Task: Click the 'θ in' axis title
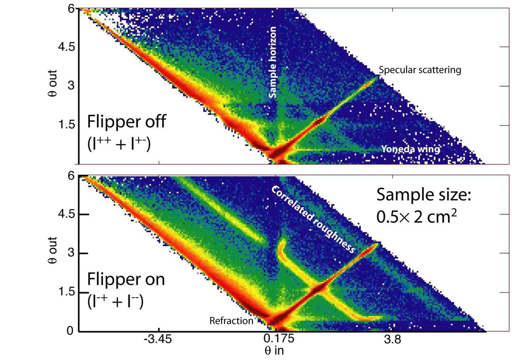point(274,351)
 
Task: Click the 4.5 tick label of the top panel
point(67,47)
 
